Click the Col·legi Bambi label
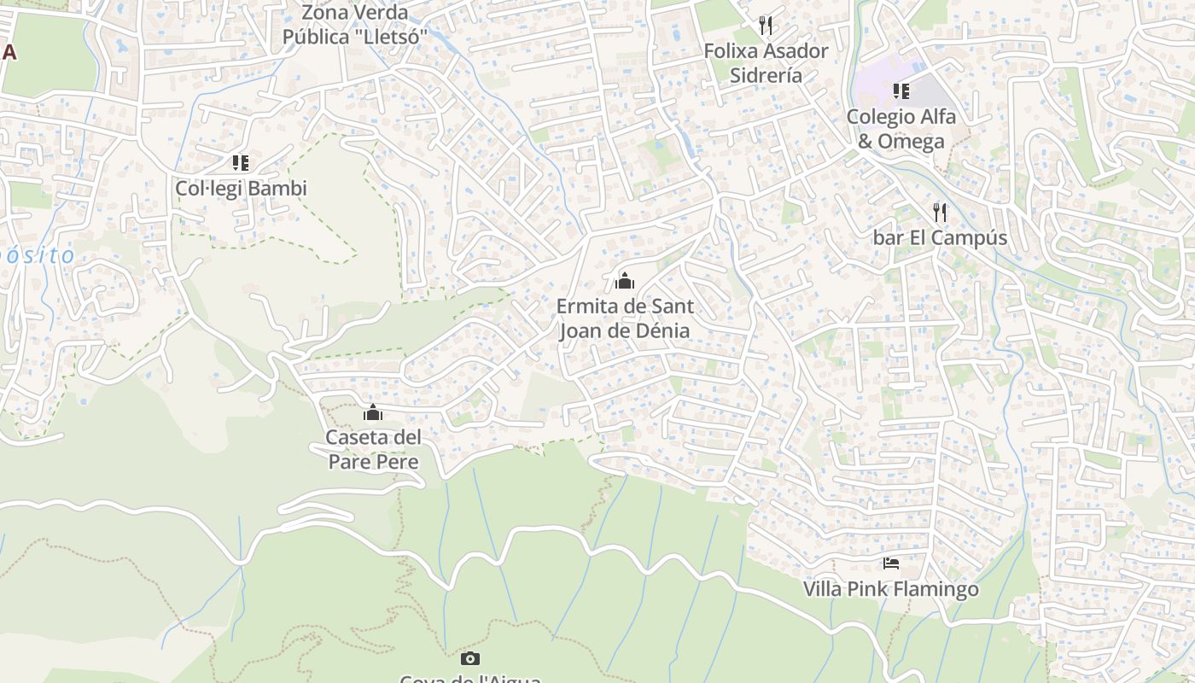point(241,189)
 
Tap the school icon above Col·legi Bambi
point(241,162)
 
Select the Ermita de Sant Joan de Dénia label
point(625,318)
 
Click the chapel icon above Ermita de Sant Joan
point(625,280)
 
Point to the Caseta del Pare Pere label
point(374,450)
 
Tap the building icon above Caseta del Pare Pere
point(373,413)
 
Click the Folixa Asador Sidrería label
point(766,63)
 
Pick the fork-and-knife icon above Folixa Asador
point(766,26)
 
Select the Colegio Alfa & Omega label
point(901,129)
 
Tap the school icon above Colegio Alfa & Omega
point(901,90)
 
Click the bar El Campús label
point(940,238)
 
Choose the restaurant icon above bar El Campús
point(940,212)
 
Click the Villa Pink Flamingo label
point(890,589)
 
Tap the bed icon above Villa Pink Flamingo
point(891,563)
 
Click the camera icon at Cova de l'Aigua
point(470,658)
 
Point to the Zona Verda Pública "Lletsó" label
point(355,26)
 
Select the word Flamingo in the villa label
point(937,589)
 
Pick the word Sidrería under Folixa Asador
point(766,75)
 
